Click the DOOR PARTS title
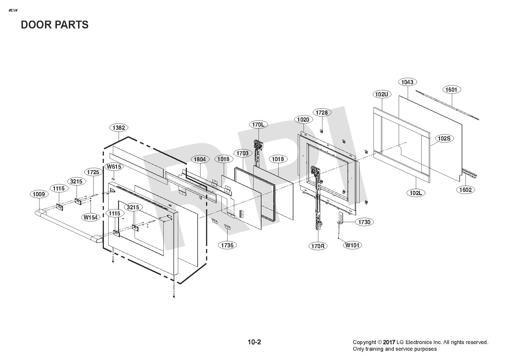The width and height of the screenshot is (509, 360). (55, 25)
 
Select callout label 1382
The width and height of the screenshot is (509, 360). (119, 127)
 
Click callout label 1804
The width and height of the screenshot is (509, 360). (200, 159)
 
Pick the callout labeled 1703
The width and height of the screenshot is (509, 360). (242, 153)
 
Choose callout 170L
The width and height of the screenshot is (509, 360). (258, 125)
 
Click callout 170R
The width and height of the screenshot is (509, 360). (318, 246)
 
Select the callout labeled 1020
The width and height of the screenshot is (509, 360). (304, 119)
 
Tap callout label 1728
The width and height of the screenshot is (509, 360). (322, 112)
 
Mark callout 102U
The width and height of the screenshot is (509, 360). (382, 94)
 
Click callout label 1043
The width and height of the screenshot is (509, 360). (407, 82)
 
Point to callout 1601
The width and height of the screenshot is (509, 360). (451, 90)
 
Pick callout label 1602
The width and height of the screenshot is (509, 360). (465, 190)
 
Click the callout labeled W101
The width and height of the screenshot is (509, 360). (353, 245)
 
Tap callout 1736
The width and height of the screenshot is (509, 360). (227, 245)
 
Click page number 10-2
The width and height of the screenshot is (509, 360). (254, 342)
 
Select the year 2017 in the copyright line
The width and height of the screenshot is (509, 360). (389, 343)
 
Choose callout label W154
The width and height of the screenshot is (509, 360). (91, 217)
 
